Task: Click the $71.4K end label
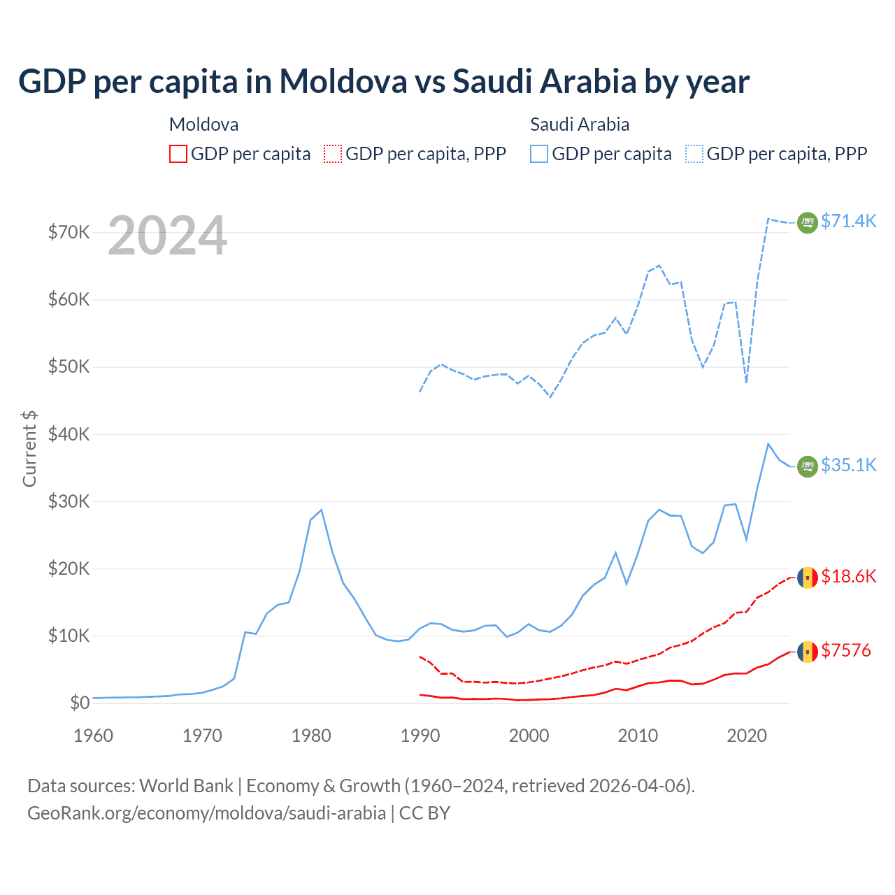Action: tap(848, 221)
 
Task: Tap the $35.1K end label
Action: tap(848, 465)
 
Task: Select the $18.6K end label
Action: tap(848, 576)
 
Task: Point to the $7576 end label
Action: tap(846, 650)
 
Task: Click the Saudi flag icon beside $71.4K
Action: tap(808, 222)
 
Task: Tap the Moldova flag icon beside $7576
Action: tap(808, 652)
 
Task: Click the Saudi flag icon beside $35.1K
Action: tap(808, 466)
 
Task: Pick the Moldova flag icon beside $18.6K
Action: tap(808, 578)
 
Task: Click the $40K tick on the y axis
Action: tap(69, 434)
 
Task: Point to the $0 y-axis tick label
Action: tap(80, 703)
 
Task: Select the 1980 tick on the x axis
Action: tap(311, 736)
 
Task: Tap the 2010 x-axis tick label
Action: tap(638, 736)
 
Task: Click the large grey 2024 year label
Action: tap(168, 236)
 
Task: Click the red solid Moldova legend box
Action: tap(178, 154)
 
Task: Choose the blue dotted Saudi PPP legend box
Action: tap(694, 154)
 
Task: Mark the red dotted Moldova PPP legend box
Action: tap(333, 154)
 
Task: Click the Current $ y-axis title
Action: tap(29, 449)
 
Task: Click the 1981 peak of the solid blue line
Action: tap(321, 510)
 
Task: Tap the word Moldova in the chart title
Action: tap(343, 81)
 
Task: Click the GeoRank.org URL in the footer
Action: tap(207, 813)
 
